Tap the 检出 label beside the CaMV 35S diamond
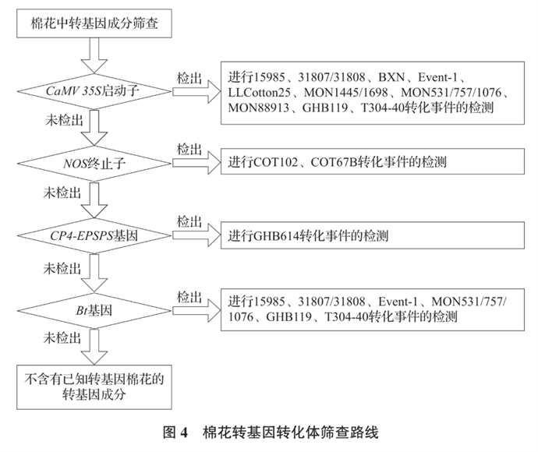pos(189,78)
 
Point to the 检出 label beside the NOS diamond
pos(189,149)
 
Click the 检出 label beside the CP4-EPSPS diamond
pos(189,221)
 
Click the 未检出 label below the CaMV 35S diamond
pos(63,123)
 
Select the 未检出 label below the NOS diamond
pos(63,195)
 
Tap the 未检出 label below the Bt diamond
pos(63,339)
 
